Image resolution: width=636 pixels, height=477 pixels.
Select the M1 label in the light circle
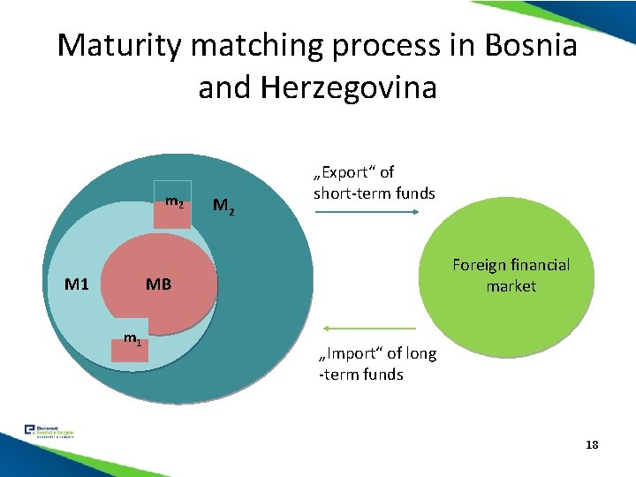click(x=77, y=284)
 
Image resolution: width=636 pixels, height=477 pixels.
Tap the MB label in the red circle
click(x=158, y=284)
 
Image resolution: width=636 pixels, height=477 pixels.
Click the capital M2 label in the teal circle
click(x=224, y=208)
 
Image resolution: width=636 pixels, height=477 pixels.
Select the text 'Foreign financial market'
click(x=511, y=275)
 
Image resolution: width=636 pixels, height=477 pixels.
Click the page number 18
click(x=591, y=444)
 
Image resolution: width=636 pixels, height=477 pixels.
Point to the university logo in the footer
click(x=49, y=432)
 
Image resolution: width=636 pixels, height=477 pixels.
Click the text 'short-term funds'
click(x=375, y=193)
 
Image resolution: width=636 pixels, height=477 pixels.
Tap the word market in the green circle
click(x=511, y=286)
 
